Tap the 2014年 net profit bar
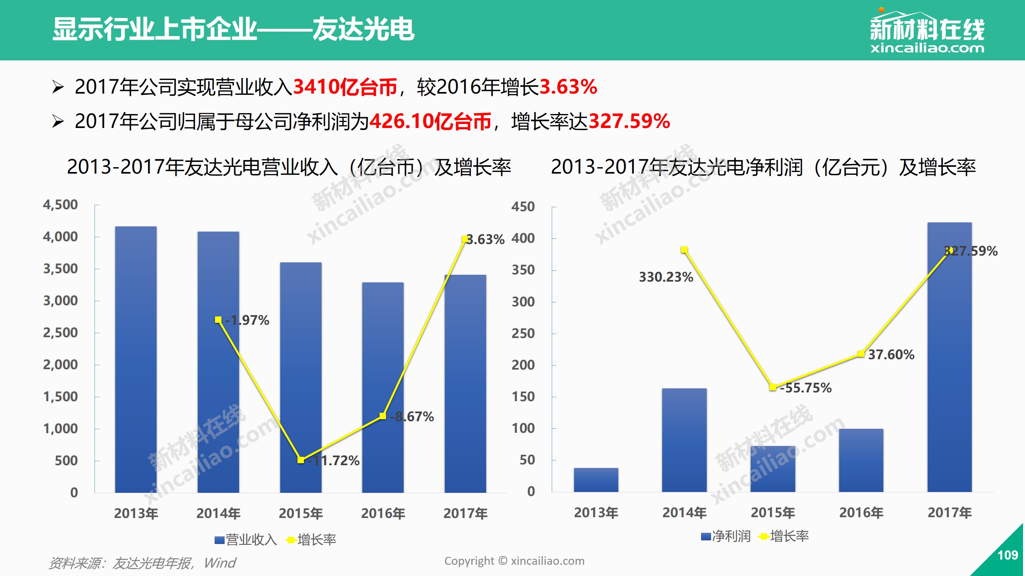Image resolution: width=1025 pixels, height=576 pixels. [684, 440]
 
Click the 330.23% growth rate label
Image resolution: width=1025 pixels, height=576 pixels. [666, 277]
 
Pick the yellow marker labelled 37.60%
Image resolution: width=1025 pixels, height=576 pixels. [861, 354]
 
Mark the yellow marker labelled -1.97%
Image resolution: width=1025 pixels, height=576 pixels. [218, 320]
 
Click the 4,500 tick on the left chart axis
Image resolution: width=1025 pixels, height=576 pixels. [60, 205]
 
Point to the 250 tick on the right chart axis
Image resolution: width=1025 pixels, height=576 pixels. [523, 333]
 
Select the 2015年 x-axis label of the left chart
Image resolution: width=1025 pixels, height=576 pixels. [301, 513]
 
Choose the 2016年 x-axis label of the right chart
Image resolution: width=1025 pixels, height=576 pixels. [861, 512]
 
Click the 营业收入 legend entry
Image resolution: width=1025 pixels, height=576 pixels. [246, 540]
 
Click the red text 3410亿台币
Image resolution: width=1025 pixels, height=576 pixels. [345, 87]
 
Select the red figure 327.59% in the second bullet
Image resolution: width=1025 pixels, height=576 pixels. [629, 121]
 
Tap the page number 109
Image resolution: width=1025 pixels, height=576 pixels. [1007, 555]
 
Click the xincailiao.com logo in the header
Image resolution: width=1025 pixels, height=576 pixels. [927, 32]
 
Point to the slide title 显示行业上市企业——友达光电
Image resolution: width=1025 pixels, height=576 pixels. [233, 29]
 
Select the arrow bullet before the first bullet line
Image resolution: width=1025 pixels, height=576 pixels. [58, 87]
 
